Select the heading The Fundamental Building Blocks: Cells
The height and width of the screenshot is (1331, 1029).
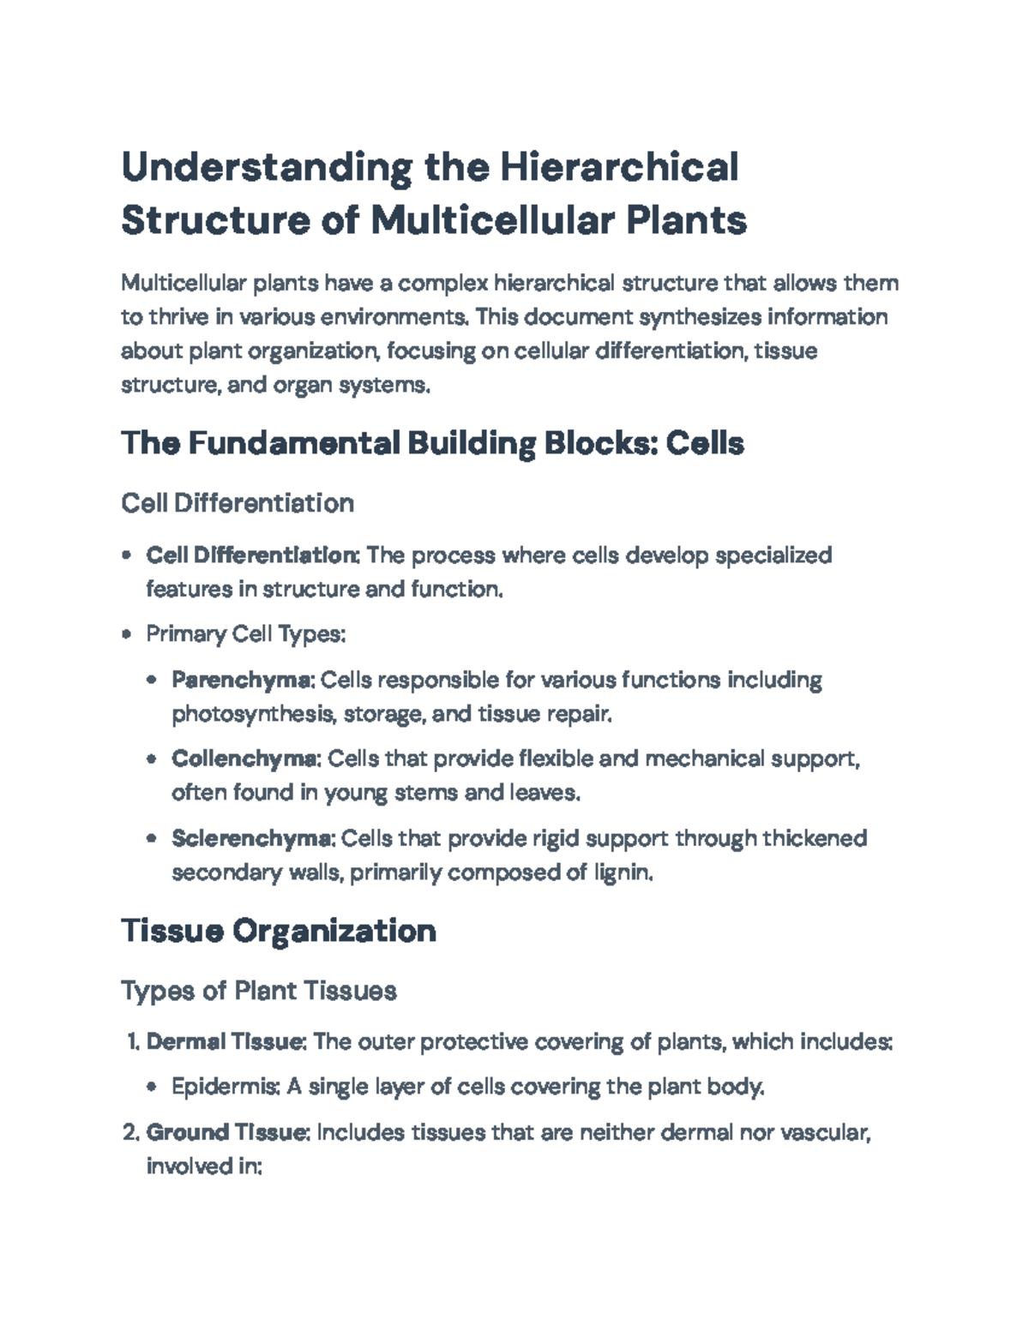point(432,443)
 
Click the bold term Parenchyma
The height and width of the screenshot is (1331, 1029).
point(244,680)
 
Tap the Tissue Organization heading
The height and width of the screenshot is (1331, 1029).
point(279,930)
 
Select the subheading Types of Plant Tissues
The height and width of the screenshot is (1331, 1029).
point(259,991)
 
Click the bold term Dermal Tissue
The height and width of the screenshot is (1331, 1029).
point(226,1042)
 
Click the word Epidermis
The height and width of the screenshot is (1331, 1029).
point(225,1087)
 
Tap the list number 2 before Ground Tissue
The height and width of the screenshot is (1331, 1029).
point(130,1133)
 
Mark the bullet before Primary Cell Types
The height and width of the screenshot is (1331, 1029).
point(127,635)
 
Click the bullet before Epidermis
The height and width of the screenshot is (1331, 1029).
point(152,1088)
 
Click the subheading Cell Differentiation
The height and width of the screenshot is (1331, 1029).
point(238,502)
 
